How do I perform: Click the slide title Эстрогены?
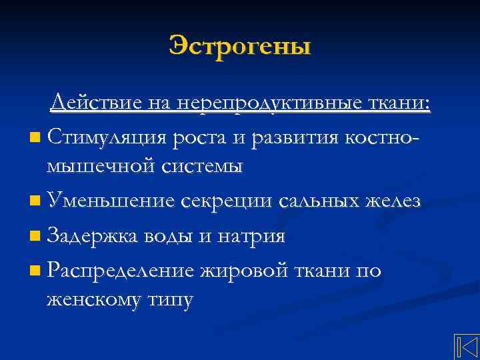239,47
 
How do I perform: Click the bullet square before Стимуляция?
35,139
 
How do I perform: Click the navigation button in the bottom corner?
467,347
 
